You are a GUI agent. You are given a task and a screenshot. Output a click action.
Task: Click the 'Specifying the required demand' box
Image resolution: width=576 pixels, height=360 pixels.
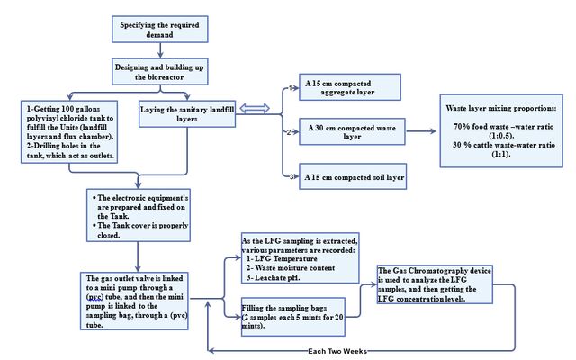click(x=160, y=30)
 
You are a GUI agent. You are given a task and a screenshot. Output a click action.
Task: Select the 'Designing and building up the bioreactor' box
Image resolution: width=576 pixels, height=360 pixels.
click(x=160, y=72)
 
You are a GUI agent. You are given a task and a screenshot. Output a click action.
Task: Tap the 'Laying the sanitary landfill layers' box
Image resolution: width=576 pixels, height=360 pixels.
click(x=187, y=114)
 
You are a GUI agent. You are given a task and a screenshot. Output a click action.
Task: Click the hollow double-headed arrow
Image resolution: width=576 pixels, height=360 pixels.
click(x=255, y=108)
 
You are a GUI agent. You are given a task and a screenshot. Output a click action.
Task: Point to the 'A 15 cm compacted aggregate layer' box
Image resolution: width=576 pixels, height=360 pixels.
click(x=350, y=87)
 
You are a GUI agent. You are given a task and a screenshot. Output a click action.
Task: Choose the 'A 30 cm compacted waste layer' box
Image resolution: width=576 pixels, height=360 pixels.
click(x=352, y=132)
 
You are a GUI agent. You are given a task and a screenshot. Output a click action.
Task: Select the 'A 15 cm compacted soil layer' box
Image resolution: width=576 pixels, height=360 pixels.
click(x=353, y=176)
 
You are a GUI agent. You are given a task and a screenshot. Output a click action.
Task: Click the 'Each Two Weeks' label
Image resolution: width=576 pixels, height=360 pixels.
click(x=337, y=351)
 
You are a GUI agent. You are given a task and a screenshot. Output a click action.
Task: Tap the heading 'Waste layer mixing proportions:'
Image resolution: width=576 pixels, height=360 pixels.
click(x=501, y=108)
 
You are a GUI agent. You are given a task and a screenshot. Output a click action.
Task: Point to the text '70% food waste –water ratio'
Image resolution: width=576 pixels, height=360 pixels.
click(x=504, y=127)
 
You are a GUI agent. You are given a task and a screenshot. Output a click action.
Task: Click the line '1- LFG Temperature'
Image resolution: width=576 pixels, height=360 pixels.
click(x=282, y=258)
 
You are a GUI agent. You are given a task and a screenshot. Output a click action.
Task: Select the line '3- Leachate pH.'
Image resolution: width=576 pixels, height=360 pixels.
click(x=274, y=278)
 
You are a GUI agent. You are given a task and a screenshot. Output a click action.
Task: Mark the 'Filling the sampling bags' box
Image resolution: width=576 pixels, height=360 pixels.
click(x=292, y=317)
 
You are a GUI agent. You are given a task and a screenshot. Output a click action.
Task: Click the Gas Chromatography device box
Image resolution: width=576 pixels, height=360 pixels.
click(x=435, y=284)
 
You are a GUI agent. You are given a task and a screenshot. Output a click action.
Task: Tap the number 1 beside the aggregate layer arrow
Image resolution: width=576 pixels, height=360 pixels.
click(x=290, y=88)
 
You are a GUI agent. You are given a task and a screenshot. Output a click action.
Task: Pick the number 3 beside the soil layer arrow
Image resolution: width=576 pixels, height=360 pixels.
click(x=292, y=176)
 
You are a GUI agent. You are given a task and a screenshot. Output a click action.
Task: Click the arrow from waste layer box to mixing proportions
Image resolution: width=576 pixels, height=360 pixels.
click(x=421, y=131)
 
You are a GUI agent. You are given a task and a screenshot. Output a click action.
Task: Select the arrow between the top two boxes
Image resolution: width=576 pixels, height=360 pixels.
click(x=160, y=50)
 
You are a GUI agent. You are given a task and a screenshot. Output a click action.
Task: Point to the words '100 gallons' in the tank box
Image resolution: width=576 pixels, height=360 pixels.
click(x=81, y=109)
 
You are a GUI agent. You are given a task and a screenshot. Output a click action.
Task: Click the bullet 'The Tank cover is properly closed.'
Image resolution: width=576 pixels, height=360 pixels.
click(x=140, y=230)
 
